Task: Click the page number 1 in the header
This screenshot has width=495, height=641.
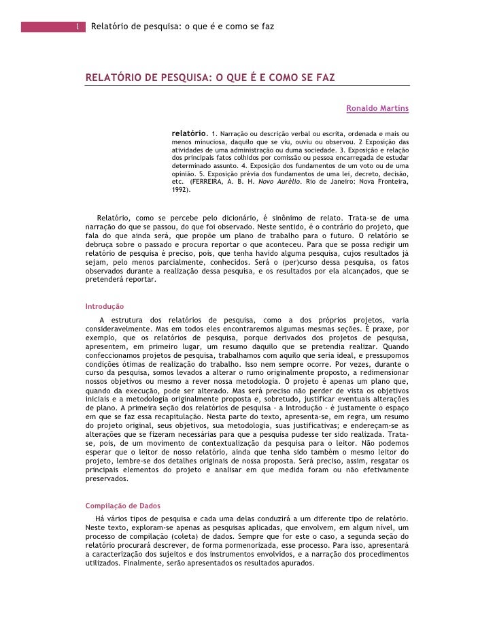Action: pos(78,27)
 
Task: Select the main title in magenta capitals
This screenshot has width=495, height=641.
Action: pos(210,78)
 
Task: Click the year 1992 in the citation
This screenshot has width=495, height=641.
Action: pos(179,191)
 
